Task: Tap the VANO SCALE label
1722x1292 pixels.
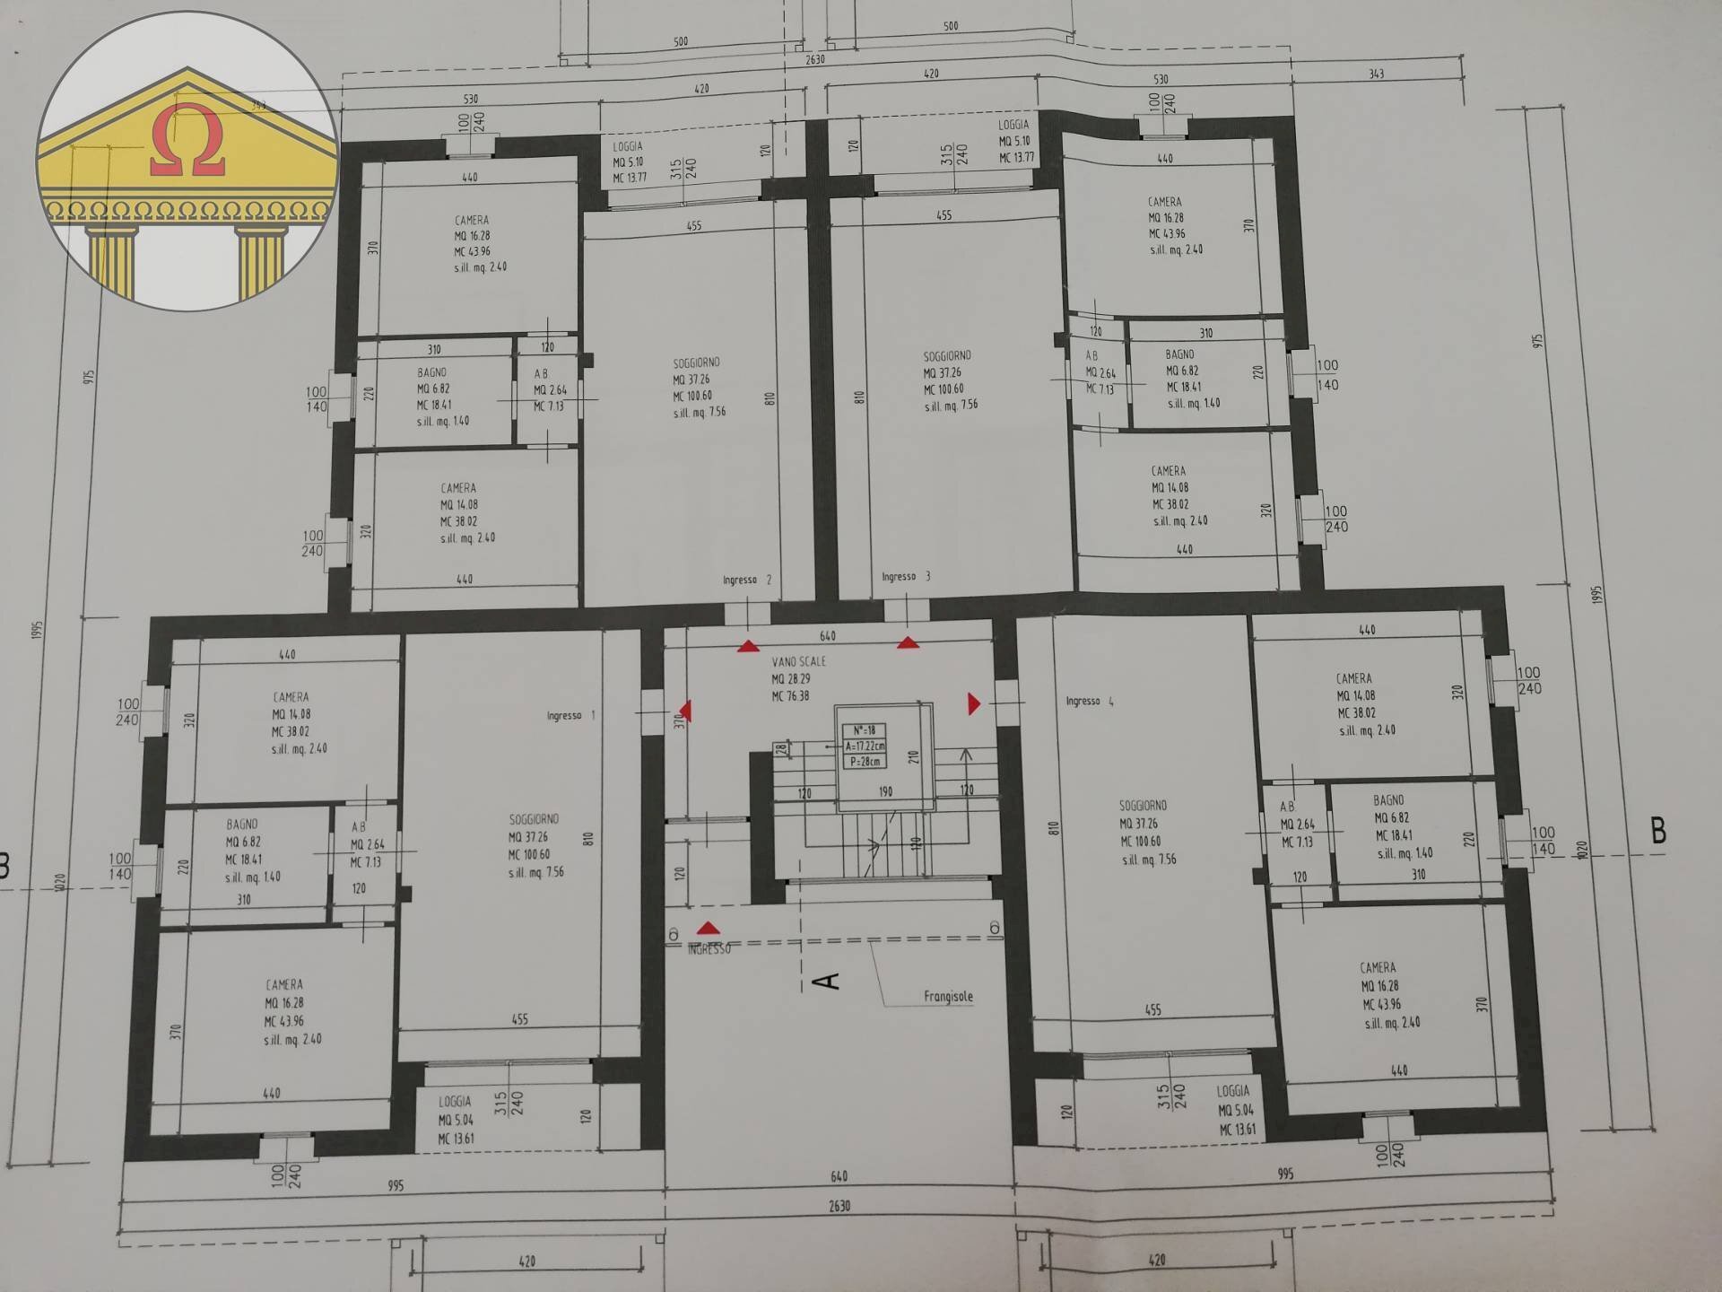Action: pyautogui.click(x=798, y=662)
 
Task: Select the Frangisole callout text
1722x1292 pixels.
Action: pyautogui.click(x=948, y=997)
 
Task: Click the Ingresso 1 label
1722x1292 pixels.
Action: pyautogui.click(x=570, y=716)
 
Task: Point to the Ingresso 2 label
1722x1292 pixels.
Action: pyautogui.click(x=747, y=581)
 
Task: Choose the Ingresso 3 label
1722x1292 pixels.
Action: pyautogui.click(x=906, y=577)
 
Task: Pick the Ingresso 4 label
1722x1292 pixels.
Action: pyautogui.click(x=1090, y=702)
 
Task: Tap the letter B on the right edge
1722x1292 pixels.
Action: pyautogui.click(x=1658, y=831)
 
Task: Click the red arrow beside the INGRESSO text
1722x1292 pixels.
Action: pyautogui.click(x=709, y=929)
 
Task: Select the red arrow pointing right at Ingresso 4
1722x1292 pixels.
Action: pyautogui.click(x=974, y=704)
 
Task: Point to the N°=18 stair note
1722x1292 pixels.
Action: pyautogui.click(x=865, y=730)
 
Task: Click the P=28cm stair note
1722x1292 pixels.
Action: pyautogui.click(x=865, y=762)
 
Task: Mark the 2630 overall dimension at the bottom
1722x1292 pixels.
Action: pyautogui.click(x=839, y=1206)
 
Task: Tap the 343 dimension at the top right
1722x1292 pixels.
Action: pyautogui.click(x=1376, y=74)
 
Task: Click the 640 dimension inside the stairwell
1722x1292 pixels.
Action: pyautogui.click(x=827, y=636)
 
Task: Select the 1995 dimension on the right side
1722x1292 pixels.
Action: pyautogui.click(x=1596, y=594)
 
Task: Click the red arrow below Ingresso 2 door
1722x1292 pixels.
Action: pyautogui.click(x=748, y=646)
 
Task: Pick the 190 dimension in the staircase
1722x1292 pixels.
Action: pyautogui.click(x=885, y=792)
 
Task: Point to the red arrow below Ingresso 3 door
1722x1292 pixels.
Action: pyautogui.click(x=908, y=642)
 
